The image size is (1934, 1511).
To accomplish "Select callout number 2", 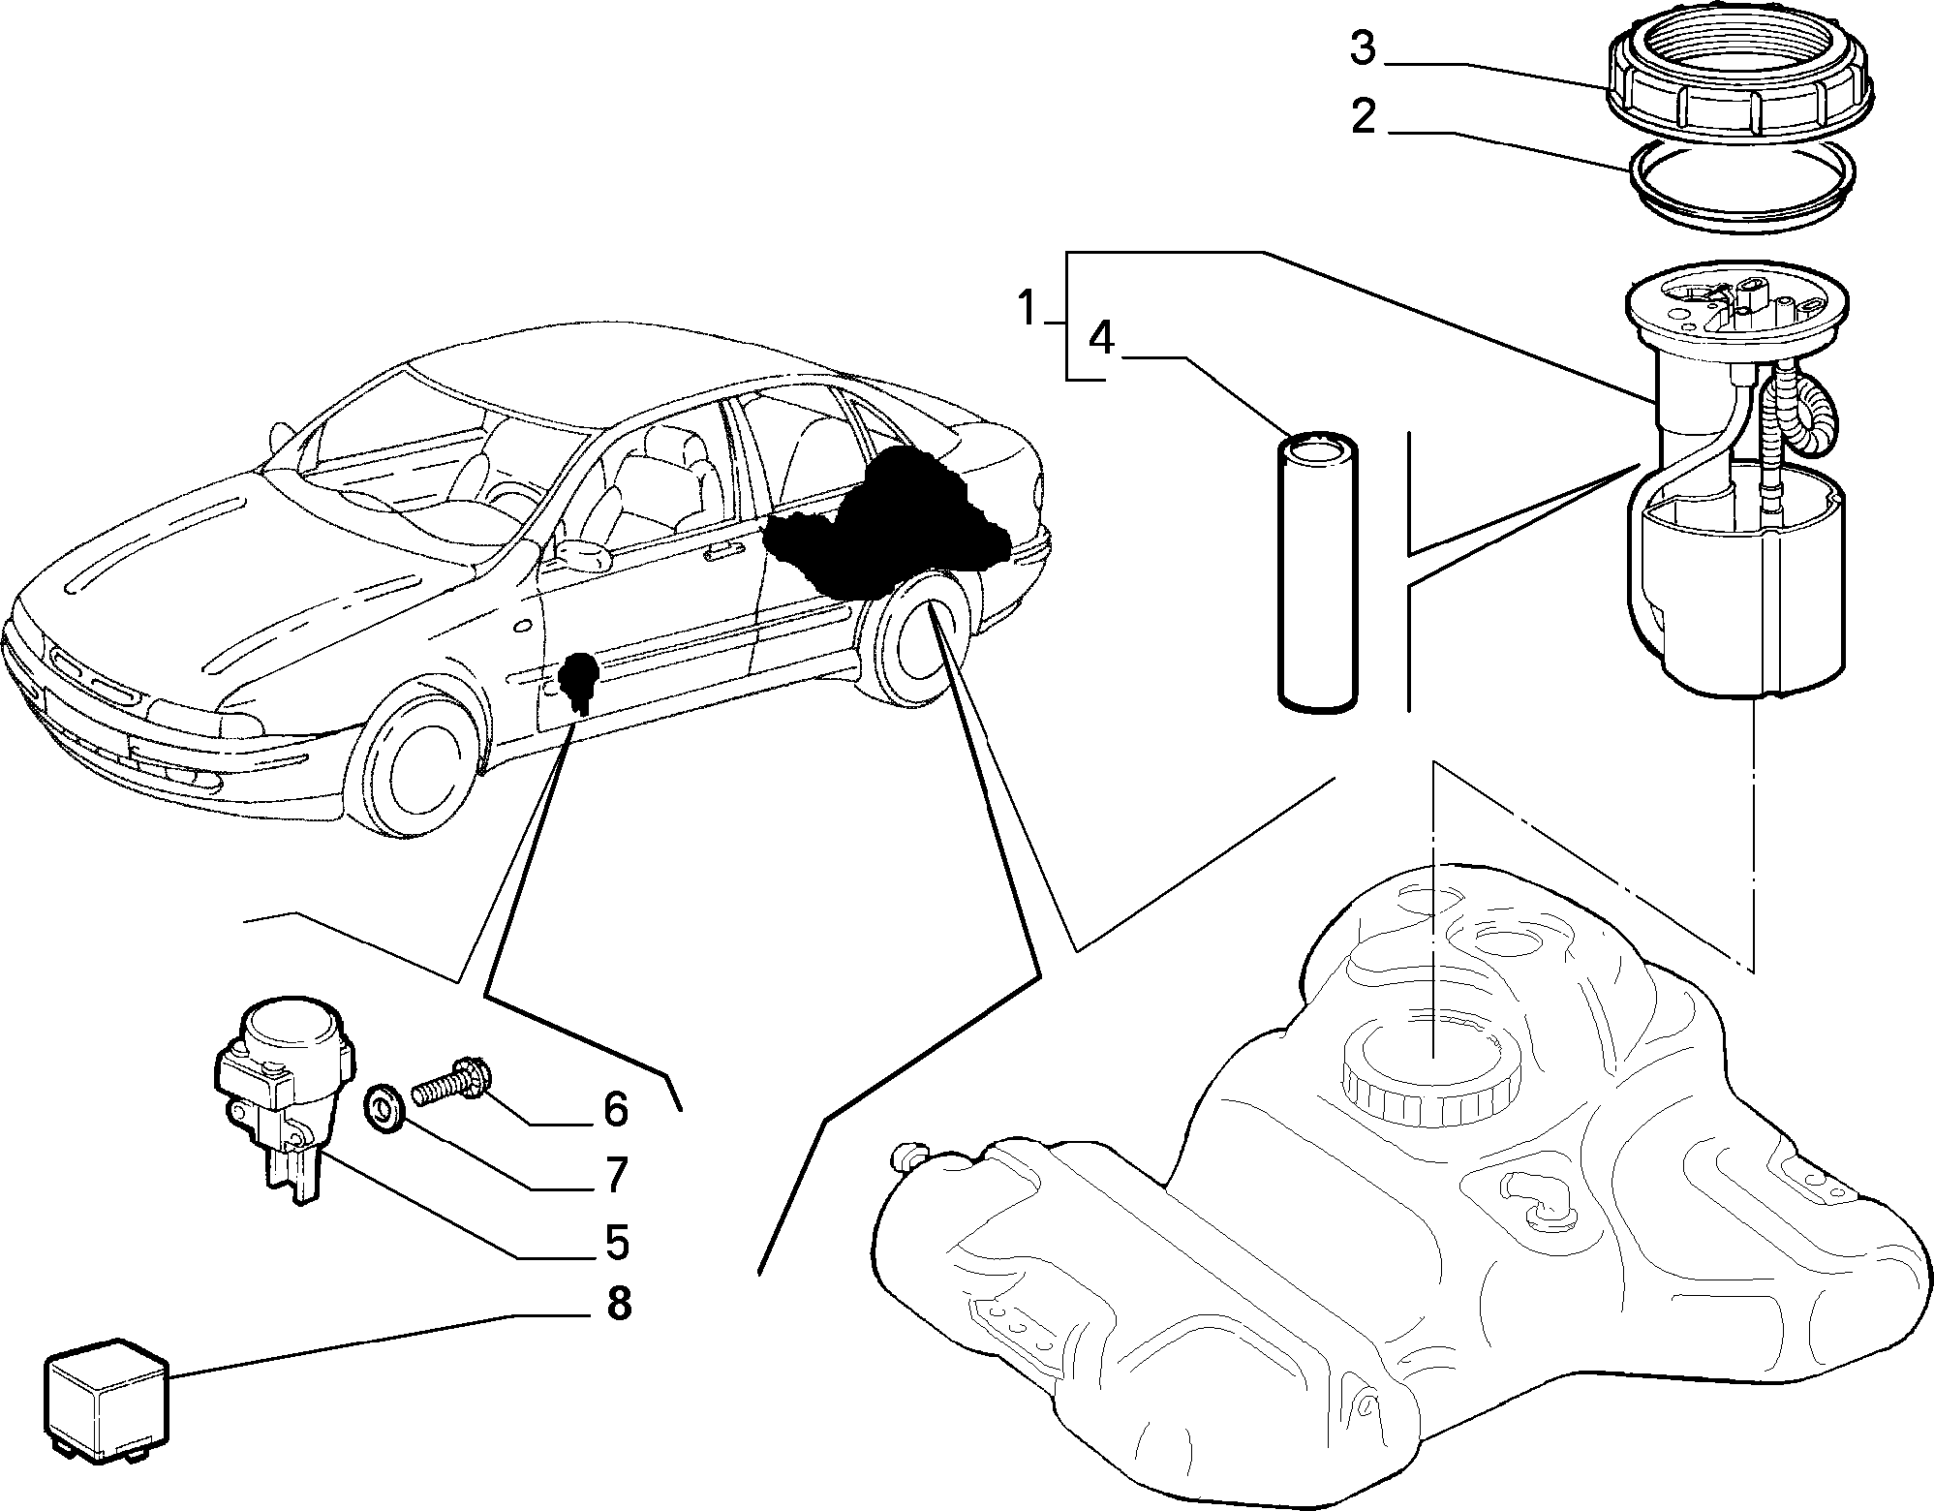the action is [1364, 118].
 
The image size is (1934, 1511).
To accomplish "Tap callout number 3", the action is [1364, 48].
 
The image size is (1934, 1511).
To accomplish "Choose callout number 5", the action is [616, 1241].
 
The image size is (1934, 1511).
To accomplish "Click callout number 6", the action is [616, 1110].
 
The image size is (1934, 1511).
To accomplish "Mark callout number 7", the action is [616, 1175].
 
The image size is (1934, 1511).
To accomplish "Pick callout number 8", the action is [619, 1304].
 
